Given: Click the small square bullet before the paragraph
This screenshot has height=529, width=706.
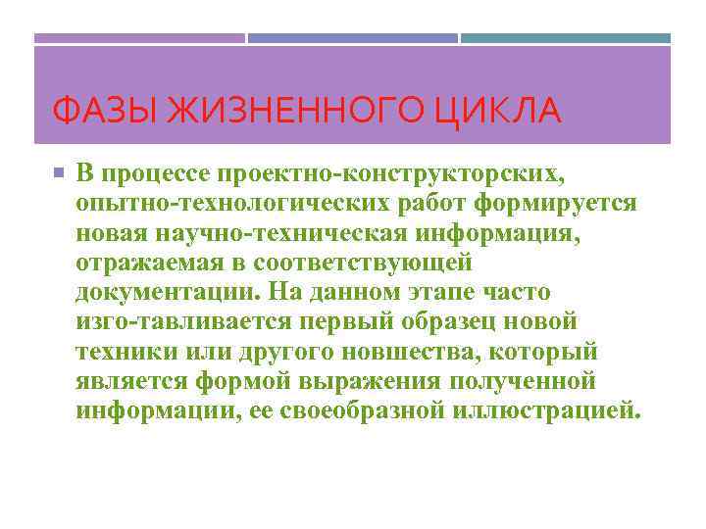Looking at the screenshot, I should [x=58, y=173].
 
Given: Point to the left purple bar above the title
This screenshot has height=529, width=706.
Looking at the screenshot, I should [x=139, y=38].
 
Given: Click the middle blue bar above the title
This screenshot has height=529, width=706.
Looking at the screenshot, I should [x=352, y=38].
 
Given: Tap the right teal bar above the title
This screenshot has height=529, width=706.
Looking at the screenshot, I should [x=566, y=38].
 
